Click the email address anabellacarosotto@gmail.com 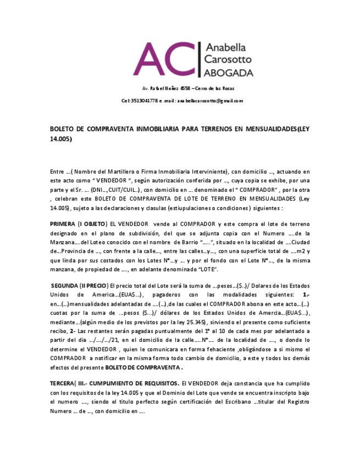(209, 101)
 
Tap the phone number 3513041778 (144, 101)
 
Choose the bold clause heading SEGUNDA (65, 286)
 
